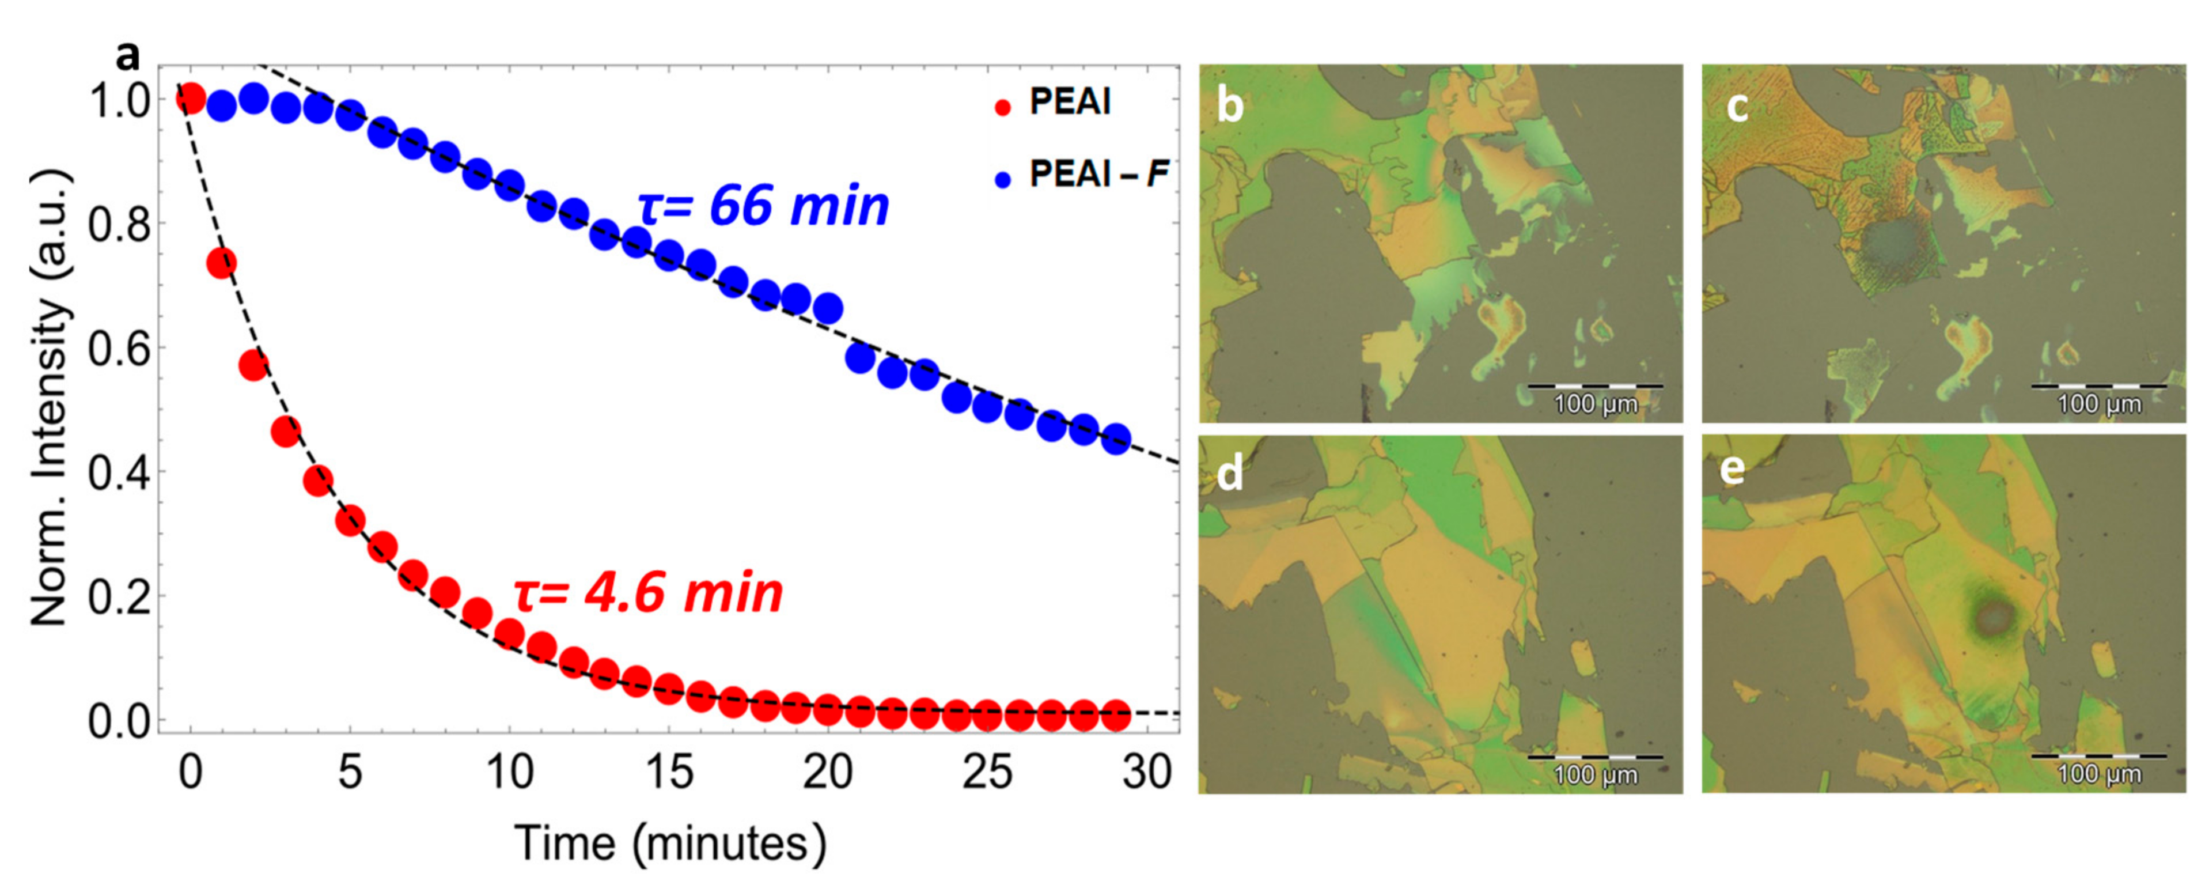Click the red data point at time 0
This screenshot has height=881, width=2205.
(190, 99)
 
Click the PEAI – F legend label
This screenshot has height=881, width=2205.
(1099, 175)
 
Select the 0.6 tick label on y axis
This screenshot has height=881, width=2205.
(120, 349)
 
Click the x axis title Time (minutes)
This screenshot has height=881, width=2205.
(670, 844)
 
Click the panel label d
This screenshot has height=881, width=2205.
(1230, 474)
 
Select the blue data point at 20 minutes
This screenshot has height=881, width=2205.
(828, 307)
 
